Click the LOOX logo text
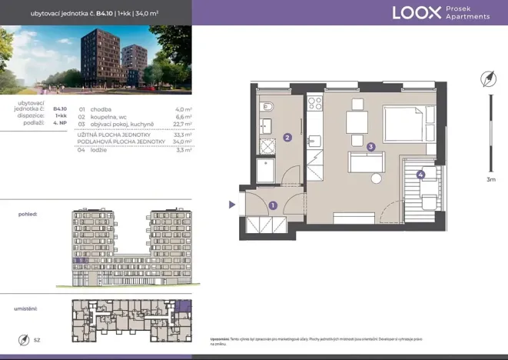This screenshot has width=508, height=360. (416, 12)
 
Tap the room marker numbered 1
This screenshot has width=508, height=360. (272, 205)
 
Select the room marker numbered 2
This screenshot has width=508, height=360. (286, 138)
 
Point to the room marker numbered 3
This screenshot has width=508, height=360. (370, 147)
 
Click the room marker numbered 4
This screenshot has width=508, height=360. (420, 175)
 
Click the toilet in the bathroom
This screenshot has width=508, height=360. (266, 107)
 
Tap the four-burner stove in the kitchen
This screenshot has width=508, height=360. (314, 102)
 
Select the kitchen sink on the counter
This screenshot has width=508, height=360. (314, 141)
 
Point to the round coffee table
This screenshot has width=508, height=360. (376, 178)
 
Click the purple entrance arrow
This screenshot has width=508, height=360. (232, 205)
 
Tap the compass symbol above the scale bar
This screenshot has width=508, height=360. (487, 79)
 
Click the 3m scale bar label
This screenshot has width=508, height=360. (490, 179)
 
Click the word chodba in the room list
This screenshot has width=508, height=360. (101, 109)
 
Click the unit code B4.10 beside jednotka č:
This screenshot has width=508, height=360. (60, 109)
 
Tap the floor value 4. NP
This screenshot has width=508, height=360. (60, 123)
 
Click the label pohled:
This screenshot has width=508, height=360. (28, 215)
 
